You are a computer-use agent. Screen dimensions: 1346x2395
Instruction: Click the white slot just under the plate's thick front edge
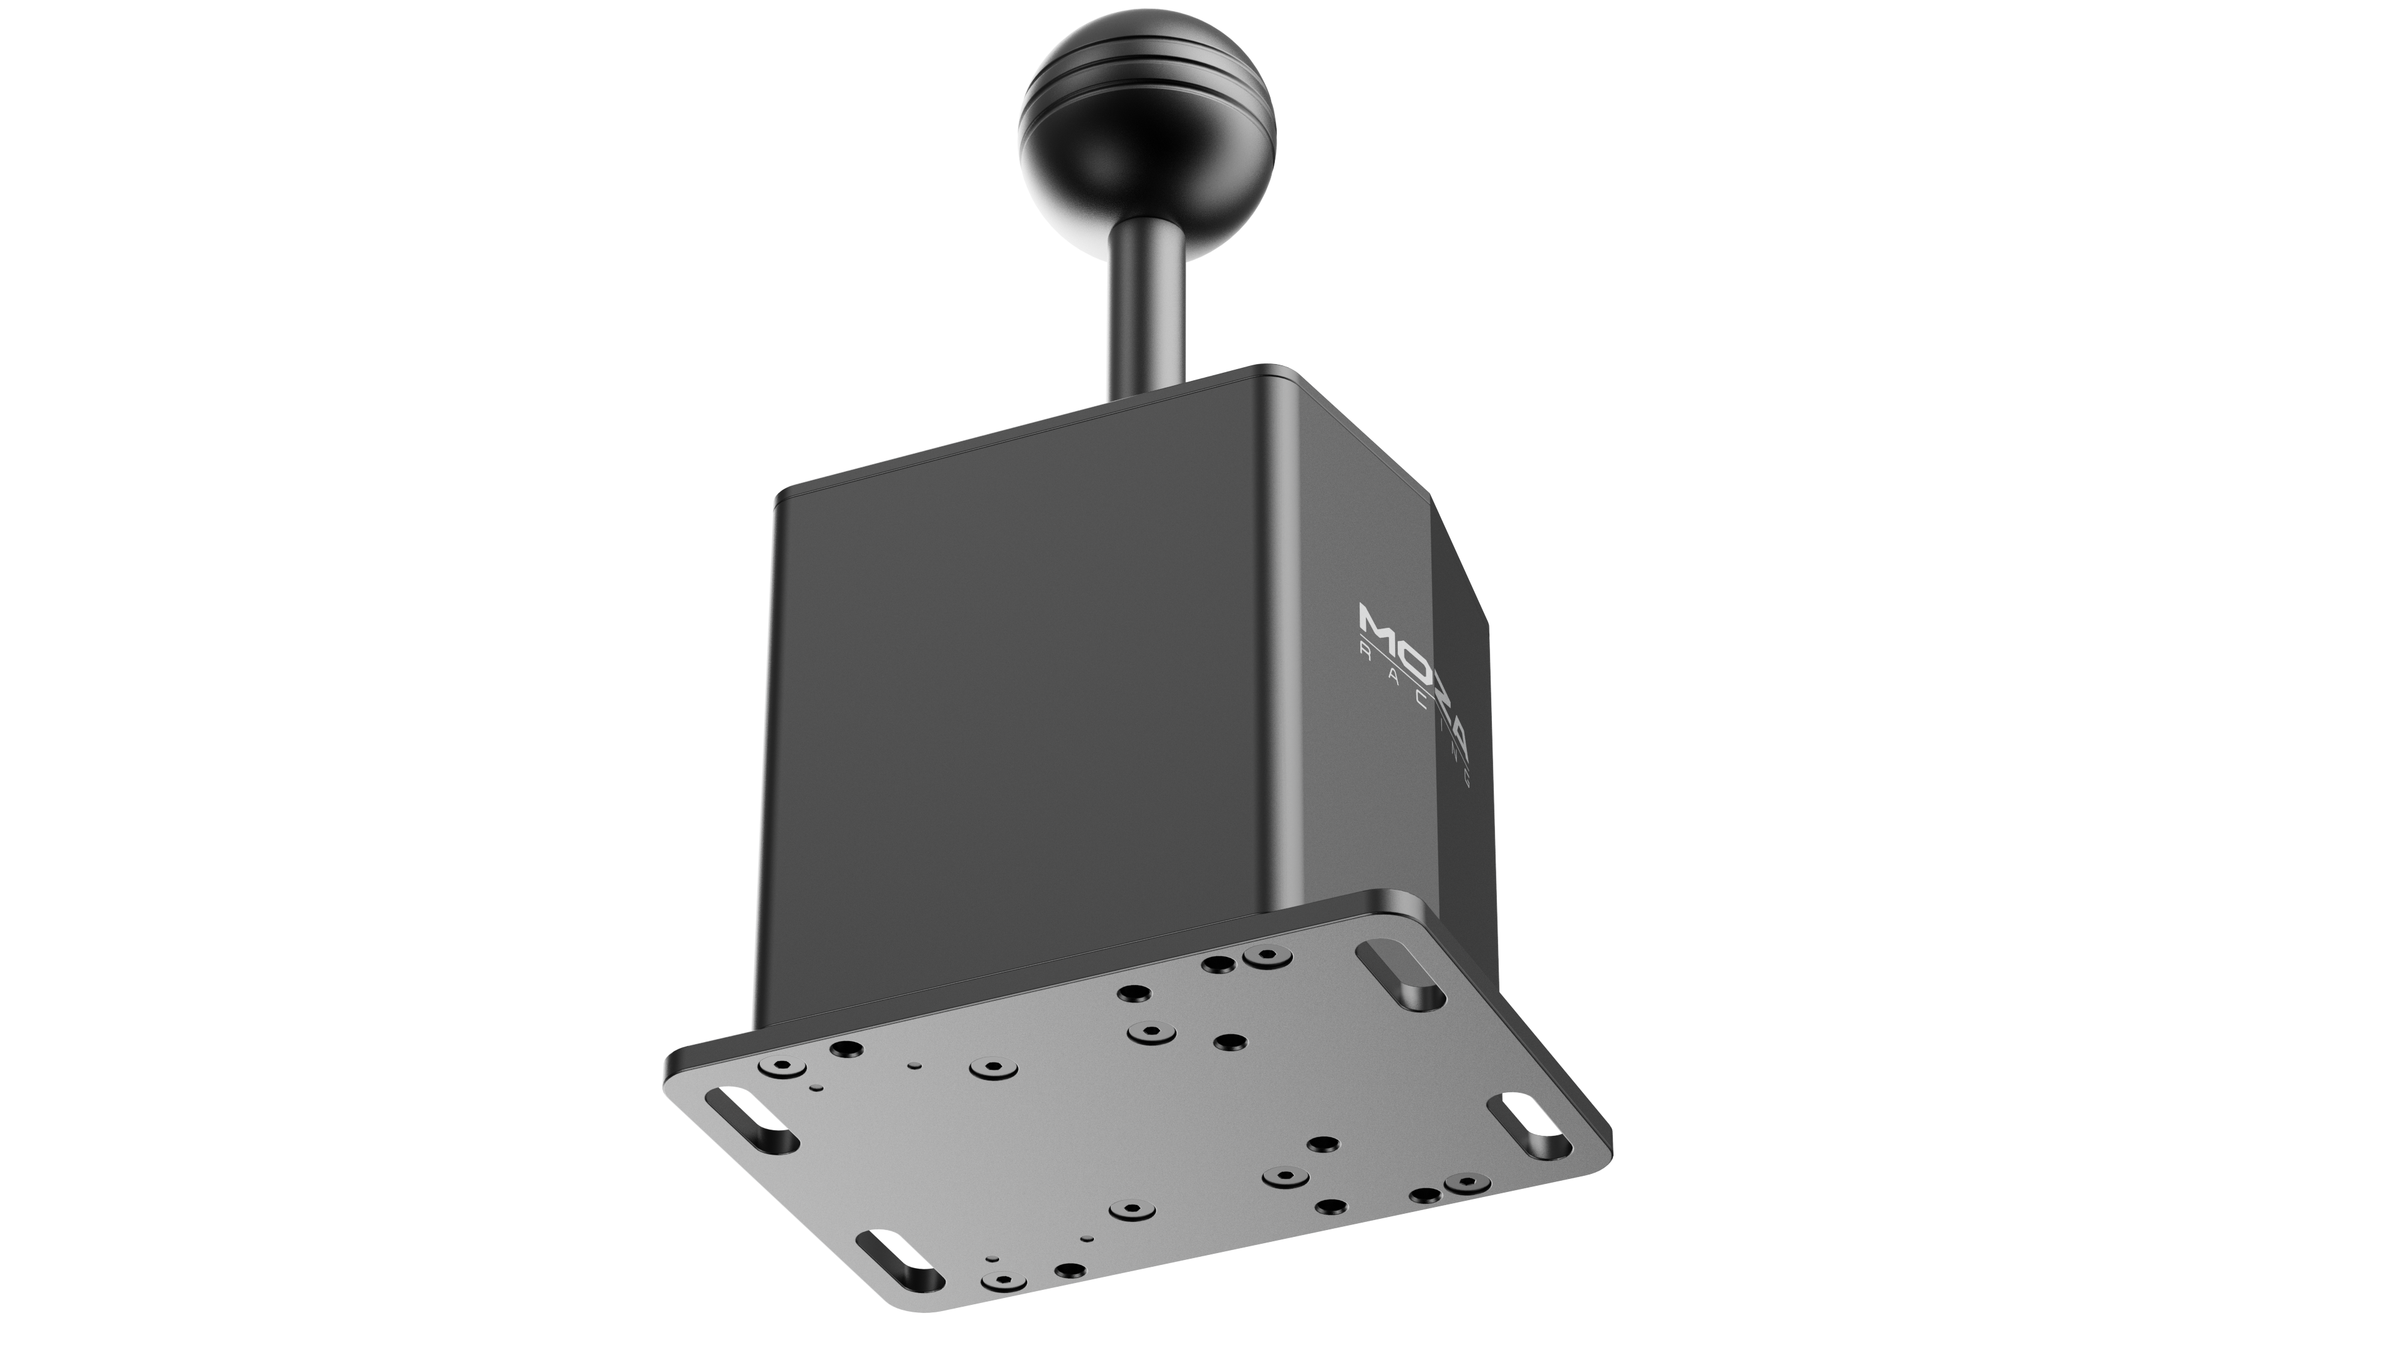point(751,1121)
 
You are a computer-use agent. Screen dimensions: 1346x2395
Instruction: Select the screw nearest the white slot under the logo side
point(1467,1183)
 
